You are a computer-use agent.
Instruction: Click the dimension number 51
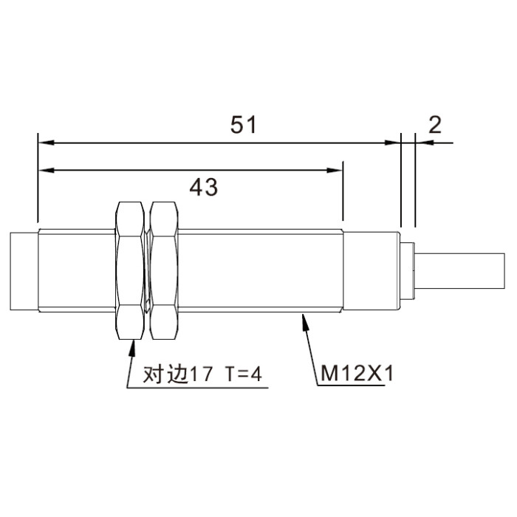243,125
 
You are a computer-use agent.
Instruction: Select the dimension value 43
203,188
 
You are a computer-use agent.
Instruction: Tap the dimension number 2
435,125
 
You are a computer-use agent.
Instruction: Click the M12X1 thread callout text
357,374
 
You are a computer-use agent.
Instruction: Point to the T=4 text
244,374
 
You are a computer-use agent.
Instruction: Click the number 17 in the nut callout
200,374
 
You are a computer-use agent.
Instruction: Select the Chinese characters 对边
165,374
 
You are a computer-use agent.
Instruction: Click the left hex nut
129,270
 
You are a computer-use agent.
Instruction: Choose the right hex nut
164,270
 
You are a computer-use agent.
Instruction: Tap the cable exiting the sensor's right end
459,271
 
